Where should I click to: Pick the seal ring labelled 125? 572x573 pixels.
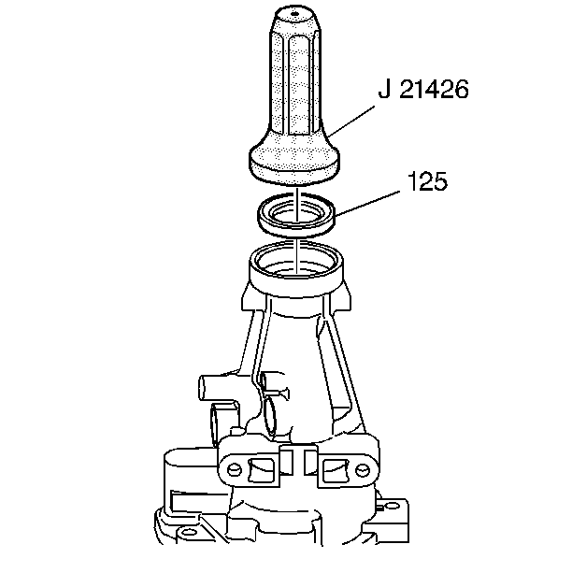(296, 214)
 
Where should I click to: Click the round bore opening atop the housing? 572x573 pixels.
(296, 261)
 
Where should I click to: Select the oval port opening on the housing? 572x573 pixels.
(269, 411)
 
